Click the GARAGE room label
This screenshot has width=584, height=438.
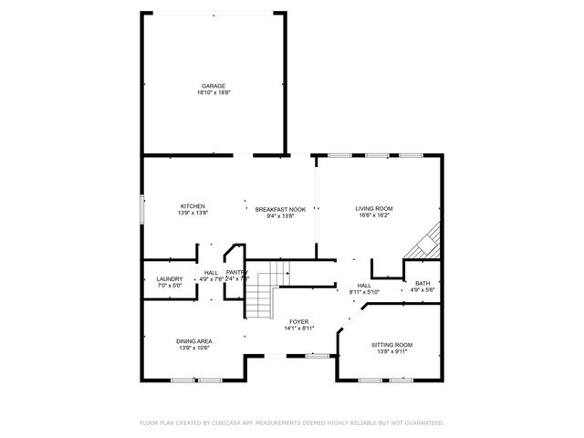[x=214, y=86]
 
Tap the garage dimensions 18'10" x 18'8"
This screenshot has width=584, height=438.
[x=214, y=93]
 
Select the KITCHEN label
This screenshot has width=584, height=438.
[x=193, y=206]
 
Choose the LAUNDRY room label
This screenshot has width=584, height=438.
[x=170, y=279]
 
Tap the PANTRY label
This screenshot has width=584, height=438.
[x=236, y=272]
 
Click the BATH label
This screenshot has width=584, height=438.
[x=422, y=283]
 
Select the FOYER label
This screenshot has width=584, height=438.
[x=298, y=322]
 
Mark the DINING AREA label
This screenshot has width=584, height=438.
[x=193, y=341]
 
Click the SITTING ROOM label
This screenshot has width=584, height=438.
[x=392, y=345]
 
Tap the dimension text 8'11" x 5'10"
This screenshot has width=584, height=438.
[x=364, y=292]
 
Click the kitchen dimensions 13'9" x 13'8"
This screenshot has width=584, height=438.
[x=193, y=214]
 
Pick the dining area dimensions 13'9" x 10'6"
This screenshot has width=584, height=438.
[x=193, y=349]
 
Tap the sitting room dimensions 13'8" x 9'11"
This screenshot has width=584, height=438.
[x=392, y=352]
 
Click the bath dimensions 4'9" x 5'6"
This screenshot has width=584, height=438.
[x=422, y=290]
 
